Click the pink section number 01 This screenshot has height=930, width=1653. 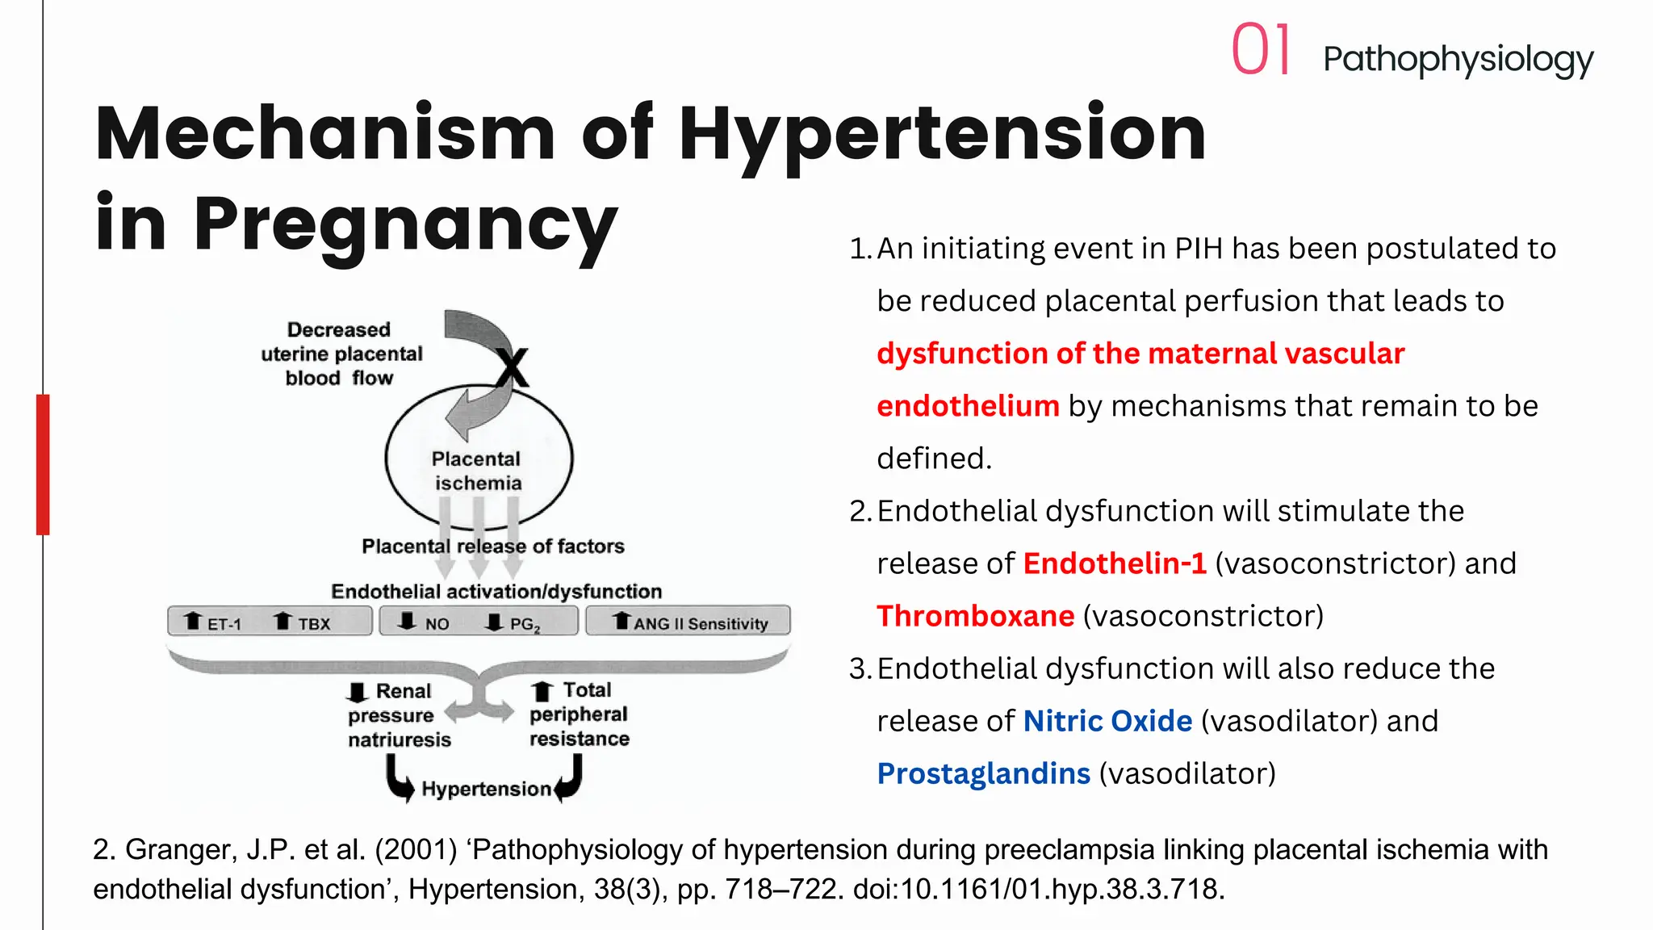click(1262, 50)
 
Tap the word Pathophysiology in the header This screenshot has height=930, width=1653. click(1458, 60)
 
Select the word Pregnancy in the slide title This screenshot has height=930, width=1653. click(405, 225)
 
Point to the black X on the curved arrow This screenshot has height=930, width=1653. click(512, 367)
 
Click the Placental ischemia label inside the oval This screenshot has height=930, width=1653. click(477, 471)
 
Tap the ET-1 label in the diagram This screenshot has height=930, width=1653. click(224, 624)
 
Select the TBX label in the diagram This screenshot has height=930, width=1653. click(313, 624)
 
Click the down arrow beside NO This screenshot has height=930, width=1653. click(408, 621)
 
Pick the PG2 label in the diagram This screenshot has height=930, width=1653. click(524, 625)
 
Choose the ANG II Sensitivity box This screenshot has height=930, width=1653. click(688, 622)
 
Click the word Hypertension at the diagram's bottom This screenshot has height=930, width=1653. click(486, 789)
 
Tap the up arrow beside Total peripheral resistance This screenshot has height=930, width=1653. click(542, 692)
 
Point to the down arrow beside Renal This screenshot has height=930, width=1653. click(357, 693)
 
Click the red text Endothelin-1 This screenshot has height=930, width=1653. click(1114, 563)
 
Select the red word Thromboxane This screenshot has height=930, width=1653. click(975, 616)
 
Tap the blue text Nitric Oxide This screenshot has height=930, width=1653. click(1107, 721)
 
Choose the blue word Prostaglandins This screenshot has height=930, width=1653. click(983, 773)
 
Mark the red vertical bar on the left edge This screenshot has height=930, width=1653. click(43, 464)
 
